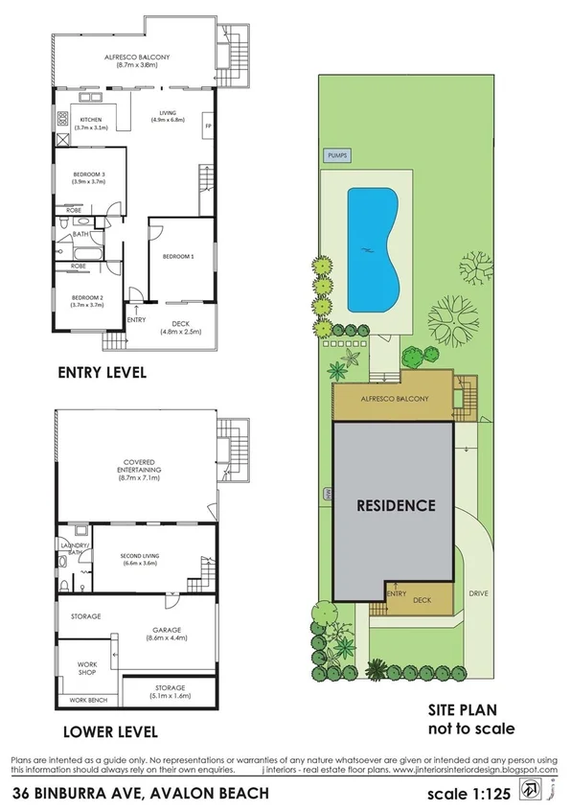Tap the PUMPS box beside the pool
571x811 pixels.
[337, 154]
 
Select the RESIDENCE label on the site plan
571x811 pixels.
[397, 504]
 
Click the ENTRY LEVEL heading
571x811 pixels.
[102, 373]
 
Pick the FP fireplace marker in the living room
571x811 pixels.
[206, 126]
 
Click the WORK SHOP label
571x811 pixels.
[88, 667]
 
